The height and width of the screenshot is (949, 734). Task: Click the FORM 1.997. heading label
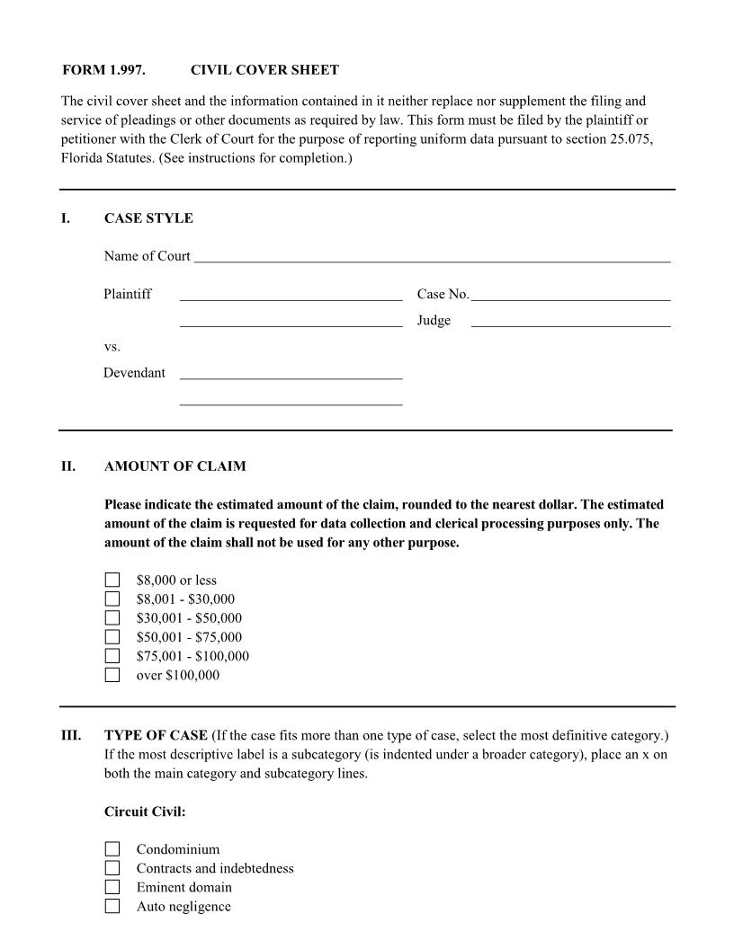pos(103,70)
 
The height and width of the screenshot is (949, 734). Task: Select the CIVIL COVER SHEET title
pos(264,70)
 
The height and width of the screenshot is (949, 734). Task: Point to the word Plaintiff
pos(128,294)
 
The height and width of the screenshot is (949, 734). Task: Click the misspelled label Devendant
pos(134,373)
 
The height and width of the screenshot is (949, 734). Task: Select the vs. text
pos(112,346)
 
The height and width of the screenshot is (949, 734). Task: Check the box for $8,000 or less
pos(112,580)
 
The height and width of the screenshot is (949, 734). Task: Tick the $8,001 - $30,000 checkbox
pos(112,599)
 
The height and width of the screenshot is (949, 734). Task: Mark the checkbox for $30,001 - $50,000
pos(112,617)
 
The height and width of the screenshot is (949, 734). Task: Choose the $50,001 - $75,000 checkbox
pos(112,637)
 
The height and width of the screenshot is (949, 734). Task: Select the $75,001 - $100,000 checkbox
pos(112,656)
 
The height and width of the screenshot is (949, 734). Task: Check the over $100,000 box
pos(112,675)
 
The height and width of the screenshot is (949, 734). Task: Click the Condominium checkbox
pos(112,848)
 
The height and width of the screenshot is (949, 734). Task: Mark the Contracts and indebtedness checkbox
pos(112,868)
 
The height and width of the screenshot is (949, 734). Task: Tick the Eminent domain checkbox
pos(112,887)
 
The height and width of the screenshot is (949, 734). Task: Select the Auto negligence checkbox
pos(112,906)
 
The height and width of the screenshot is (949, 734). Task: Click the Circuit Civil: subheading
pos(145,812)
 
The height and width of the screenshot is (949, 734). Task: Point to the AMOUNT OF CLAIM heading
pos(175,466)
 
